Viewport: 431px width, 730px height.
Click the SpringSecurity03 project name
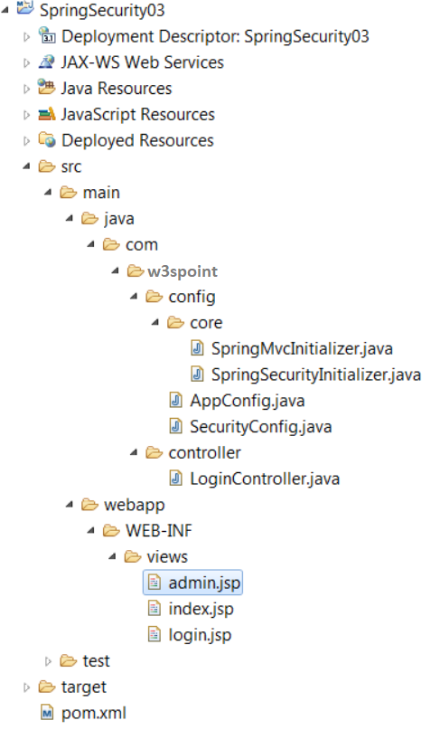click(102, 10)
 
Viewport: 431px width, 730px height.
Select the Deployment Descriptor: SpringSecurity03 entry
click(215, 36)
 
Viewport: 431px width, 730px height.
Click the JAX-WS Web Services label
click(142, 62)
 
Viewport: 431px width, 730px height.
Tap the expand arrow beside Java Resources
click(26, 89)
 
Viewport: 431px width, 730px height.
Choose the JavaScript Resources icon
click(46, 114)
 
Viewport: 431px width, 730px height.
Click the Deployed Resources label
click(137, 140)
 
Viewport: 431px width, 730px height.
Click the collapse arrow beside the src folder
click(26, 166)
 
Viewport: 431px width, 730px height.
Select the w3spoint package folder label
click(183, 271)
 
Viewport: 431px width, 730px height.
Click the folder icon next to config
click(154, 297)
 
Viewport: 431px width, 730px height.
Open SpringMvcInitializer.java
click(302, 348)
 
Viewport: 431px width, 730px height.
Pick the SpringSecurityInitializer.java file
click(316, 374)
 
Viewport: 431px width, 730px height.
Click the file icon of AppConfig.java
click(175, 401)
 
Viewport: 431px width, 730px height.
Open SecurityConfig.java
click(261, 427)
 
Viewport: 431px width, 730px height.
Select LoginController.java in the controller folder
click(265, 479)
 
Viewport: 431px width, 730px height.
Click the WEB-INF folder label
click(158, 531)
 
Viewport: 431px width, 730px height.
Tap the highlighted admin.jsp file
click(204, 583)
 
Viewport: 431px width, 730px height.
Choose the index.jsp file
click(201, 609)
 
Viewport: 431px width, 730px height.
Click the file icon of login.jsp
click(154, 634)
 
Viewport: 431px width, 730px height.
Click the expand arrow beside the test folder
click(48, 661)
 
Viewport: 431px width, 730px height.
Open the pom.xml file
click(93, 713)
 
